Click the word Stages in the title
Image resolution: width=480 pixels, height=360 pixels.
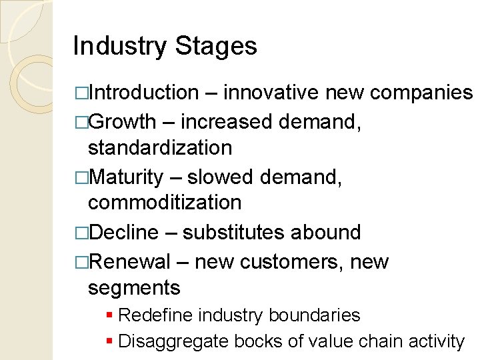click(216, 47)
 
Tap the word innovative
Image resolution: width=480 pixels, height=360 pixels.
click(272, 93)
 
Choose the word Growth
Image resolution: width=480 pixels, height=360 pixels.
click(122, 122)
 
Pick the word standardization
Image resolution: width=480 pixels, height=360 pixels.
click(160, 147)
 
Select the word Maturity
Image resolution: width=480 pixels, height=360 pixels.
click(125, 177)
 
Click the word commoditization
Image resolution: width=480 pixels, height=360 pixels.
click(165, 202)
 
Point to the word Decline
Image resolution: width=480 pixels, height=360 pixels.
click(123, 232)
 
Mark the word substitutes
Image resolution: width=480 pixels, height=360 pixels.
click(234, 232)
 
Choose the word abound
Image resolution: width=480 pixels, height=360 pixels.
click(326, 232)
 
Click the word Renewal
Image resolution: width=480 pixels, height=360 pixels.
click(129, 262)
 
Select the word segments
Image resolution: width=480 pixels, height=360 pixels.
click(134, 288)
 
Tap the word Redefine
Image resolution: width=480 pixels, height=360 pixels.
click(150, 315)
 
